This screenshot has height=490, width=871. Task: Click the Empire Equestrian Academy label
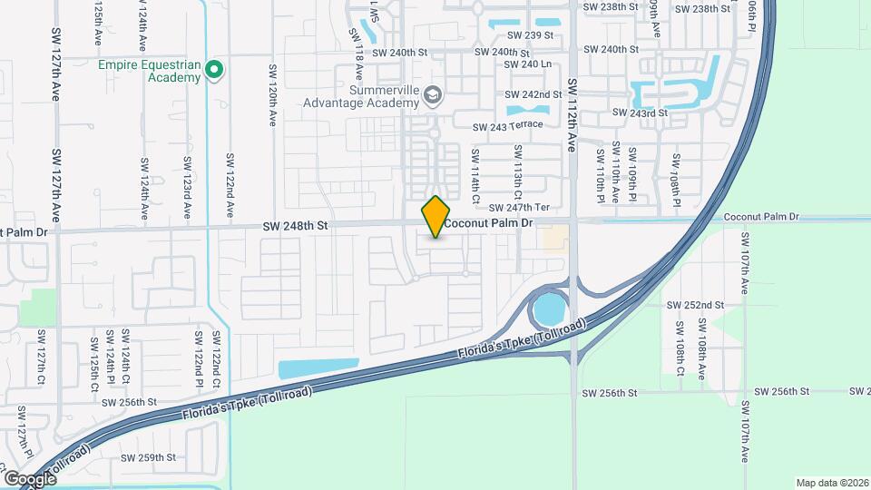point(149,71)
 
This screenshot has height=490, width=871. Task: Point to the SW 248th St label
point(294,226)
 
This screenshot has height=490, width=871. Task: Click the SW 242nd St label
point(535,94)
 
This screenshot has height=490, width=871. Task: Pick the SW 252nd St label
point(695,306)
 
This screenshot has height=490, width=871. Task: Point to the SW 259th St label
point(148,458)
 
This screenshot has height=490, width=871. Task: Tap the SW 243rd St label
point(640,113)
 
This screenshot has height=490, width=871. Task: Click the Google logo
point(30,478)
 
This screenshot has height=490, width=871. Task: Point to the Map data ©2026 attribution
point(831,483)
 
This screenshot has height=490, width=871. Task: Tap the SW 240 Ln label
point(527,64)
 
